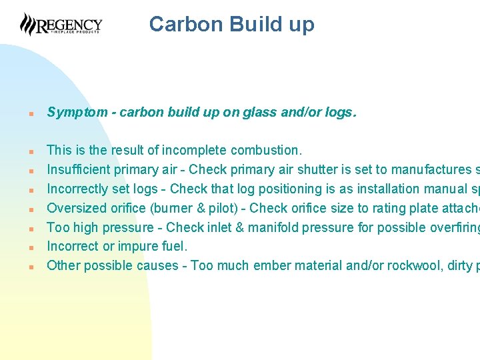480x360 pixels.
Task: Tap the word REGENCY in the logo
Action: coord(69,25)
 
